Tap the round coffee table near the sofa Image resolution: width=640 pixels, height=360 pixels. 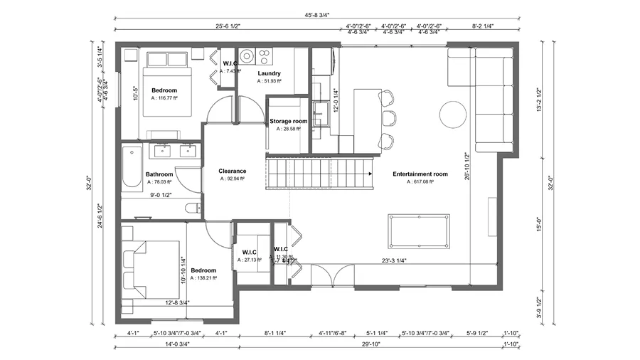[x=453, y=115]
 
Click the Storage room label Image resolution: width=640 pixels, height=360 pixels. [x=288, y=122]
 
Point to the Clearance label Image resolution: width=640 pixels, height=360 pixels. [x=232, y=171]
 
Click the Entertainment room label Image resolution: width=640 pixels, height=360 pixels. [x=420, y=174]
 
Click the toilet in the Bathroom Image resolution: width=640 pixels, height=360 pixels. [x=191, y=208]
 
